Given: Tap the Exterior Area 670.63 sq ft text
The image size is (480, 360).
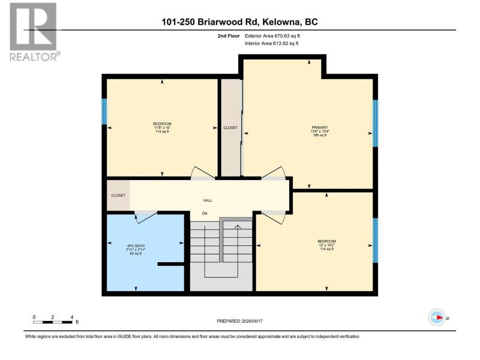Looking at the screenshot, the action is click(x=272, y=36).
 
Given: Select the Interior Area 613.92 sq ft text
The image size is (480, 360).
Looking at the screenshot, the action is click(x=272, y=43).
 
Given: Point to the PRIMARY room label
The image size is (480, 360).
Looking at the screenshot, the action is click(x=320, y=128).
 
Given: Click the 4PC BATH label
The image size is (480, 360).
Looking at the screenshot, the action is click(x=136, y=246).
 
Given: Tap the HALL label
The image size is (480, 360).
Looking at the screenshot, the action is click(x=208, y=200).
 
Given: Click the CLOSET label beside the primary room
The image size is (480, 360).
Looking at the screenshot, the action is click(x=230, y=128).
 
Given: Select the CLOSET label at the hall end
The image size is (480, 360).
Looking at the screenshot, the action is click(x=118, y=196).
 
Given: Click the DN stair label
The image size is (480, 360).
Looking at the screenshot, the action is click(x=205, y=214).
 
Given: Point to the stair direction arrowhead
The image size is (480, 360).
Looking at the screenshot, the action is click(x=238, y=227).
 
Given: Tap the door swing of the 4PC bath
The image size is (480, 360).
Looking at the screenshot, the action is click(x=146, y=217).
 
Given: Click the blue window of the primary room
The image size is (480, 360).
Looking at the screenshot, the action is click(x=376, y=124).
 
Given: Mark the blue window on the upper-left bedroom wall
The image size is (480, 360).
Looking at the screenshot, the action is click(x=104, y=112).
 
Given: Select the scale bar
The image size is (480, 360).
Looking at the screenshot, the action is click(x=53, y=322).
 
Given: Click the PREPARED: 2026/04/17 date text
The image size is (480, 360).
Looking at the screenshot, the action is click(x=239, y=321).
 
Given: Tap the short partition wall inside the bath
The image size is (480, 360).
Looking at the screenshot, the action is click(x=171, y=264).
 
